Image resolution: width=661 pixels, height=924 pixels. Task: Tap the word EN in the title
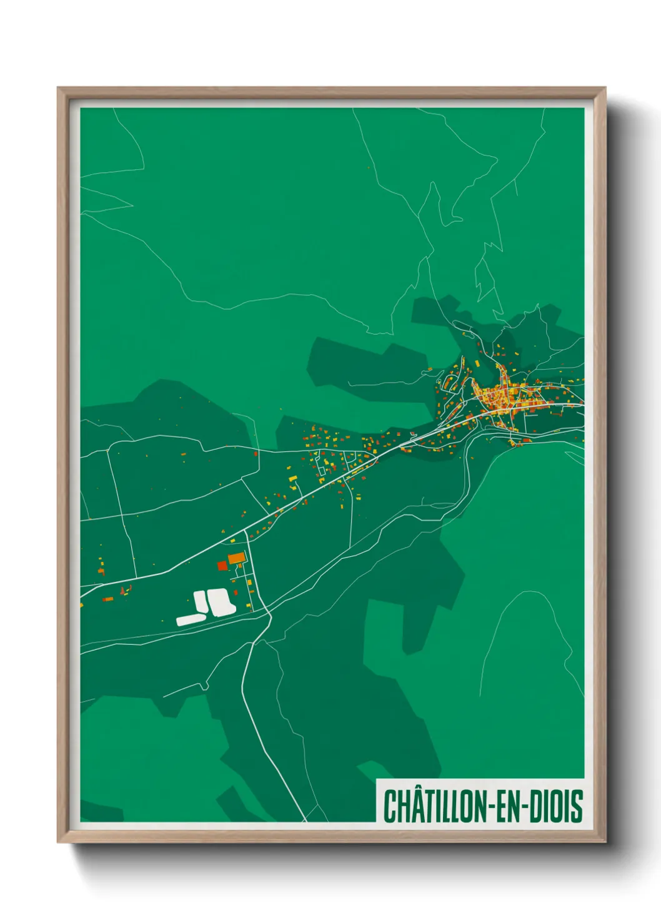(510, 806)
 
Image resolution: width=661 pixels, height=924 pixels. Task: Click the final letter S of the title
(577, 806)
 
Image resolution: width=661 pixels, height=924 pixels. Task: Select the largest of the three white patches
(221, 602)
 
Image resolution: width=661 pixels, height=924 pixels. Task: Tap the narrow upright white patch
(200, 601)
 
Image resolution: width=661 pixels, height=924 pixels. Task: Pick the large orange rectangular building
(236, 558)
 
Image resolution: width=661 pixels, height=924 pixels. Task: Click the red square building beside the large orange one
(222, 566)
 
